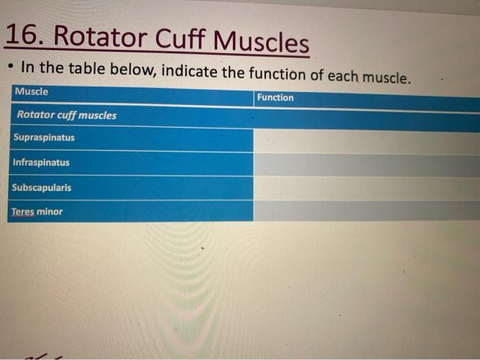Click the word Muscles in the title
tap(261, 43)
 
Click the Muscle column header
tap(32, 92)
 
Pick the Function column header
tap(275, 98)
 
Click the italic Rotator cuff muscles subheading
tap(67, 115)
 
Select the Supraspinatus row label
tap(43, 138)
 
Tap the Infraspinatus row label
tap(40, 163)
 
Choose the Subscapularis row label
tap(41, 187)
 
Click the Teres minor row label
tap(36, 212)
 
